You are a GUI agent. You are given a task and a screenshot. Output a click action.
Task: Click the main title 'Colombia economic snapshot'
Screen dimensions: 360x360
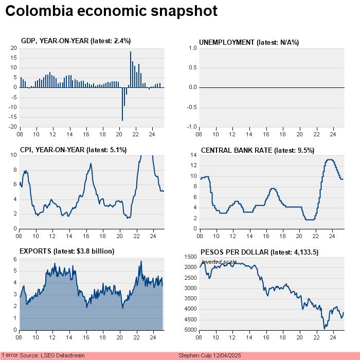(x=111, y=11)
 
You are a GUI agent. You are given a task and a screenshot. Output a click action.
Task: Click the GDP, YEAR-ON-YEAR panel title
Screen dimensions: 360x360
(x=75, y=41)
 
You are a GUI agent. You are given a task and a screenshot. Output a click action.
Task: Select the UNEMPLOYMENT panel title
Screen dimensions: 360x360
(x=249, y=42)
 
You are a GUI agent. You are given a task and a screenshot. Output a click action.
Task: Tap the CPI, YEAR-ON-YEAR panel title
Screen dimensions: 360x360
(x=73, y=150)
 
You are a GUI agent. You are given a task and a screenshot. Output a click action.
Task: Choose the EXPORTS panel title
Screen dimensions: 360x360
(x=66, y=251)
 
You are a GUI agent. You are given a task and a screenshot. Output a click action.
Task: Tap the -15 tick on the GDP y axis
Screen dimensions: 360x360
(x=13, y=117)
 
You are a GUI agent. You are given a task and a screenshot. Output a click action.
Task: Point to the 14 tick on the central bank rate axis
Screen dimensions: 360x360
(x=194, y=155)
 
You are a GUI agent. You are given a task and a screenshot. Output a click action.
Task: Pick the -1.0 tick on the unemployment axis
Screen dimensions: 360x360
(x=192, y=127)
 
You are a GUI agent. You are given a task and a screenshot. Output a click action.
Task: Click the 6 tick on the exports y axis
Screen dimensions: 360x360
(x=15, y=259)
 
